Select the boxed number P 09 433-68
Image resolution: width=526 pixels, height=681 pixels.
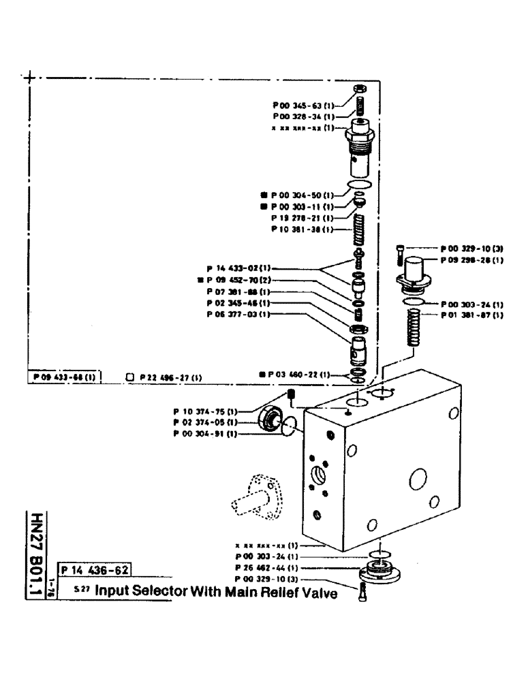pos(65,376)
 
